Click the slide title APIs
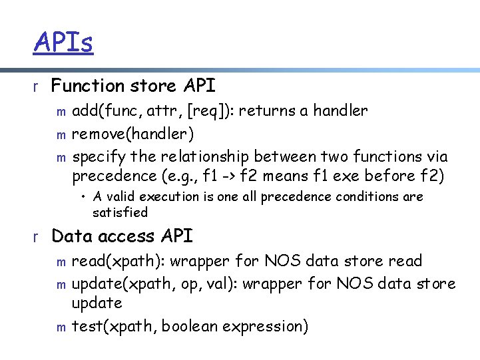coord(63,43)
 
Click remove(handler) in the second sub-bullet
coord(133,134)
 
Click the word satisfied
coord(120,212)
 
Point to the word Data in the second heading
coord(71,236)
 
